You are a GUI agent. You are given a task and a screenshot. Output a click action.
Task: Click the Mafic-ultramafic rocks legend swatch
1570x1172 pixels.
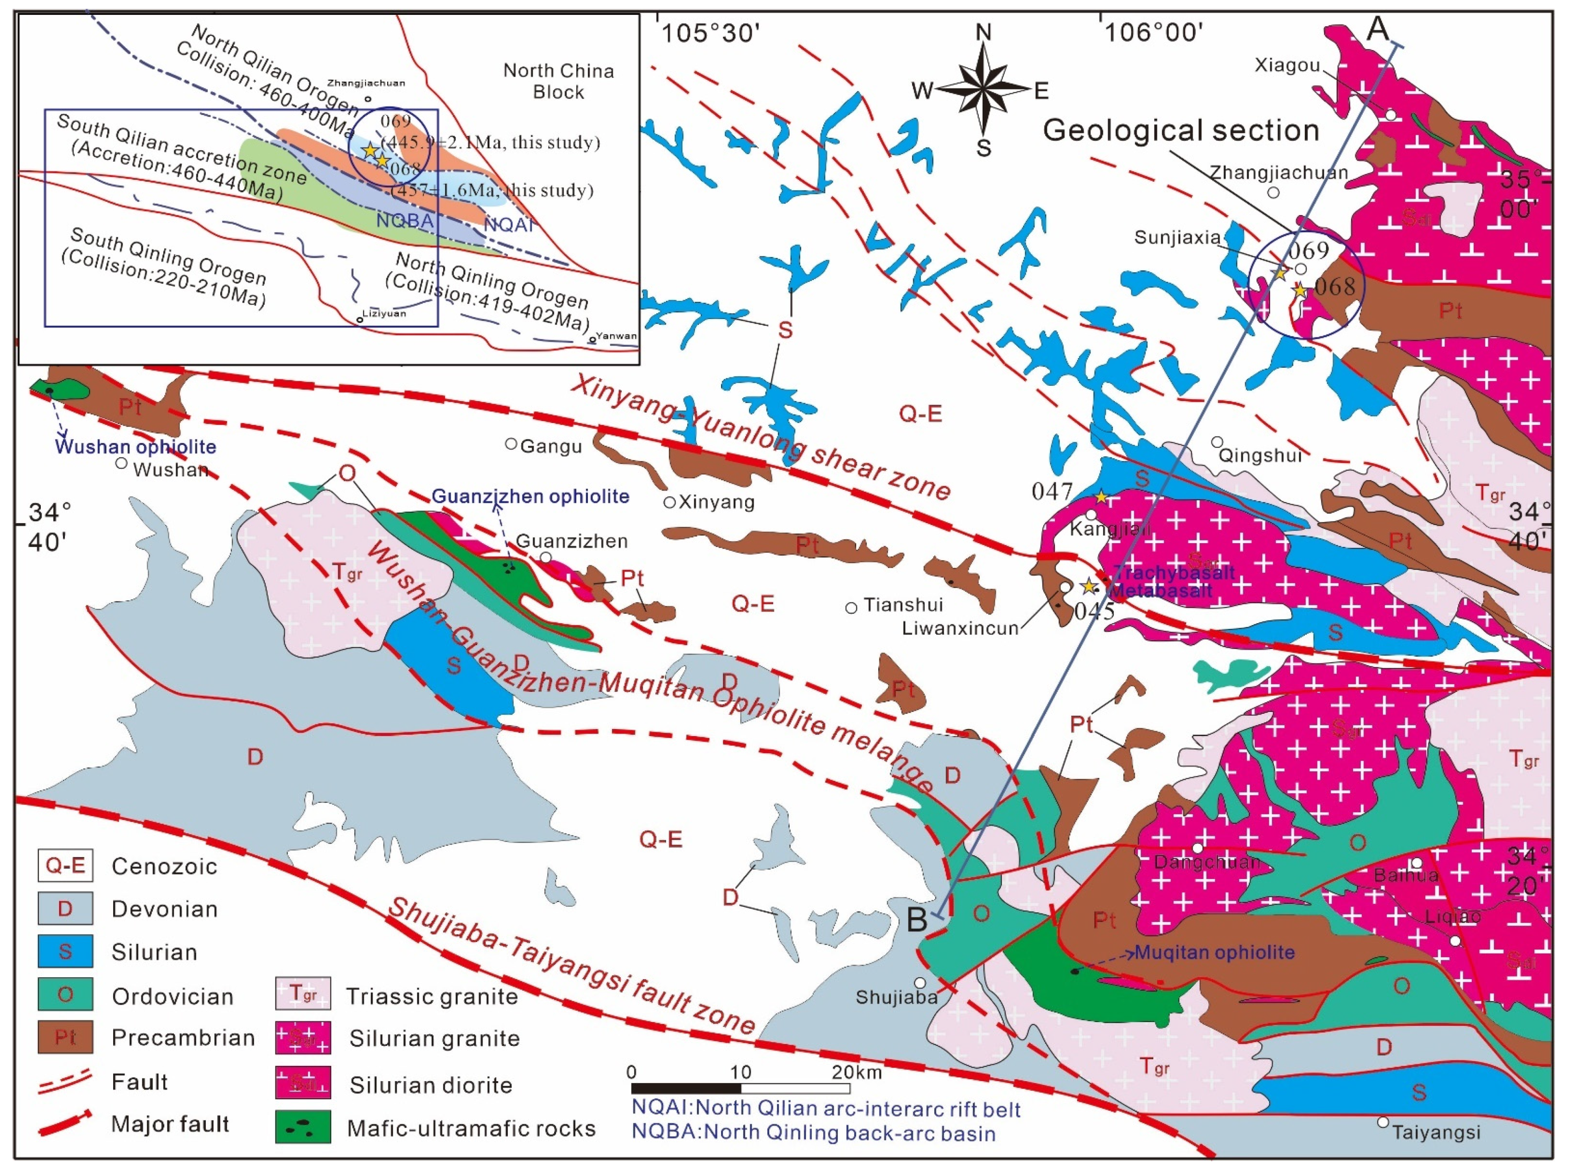303,1127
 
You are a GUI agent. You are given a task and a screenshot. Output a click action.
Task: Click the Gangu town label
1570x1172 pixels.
551,446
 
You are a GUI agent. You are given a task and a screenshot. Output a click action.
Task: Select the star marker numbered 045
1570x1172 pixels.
1089,586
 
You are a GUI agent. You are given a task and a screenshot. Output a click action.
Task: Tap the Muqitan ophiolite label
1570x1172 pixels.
1215,952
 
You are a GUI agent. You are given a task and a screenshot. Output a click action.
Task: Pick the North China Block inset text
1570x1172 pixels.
558,81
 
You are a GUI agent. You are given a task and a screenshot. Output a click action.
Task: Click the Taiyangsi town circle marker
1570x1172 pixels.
1383,1121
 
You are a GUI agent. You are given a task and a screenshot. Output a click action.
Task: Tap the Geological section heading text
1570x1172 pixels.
1181,130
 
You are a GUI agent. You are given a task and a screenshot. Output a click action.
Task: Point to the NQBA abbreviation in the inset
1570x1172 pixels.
405,221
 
